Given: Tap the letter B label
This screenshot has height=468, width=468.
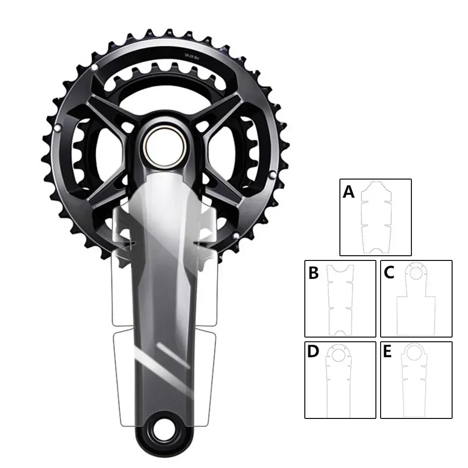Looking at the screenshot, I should click(313, 273).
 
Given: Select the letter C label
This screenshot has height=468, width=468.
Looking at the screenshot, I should click(389, 273).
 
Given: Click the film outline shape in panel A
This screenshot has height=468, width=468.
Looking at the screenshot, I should click(376, 217).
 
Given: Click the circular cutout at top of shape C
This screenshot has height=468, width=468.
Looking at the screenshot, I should click(416, 270).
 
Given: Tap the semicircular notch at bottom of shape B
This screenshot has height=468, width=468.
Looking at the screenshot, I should click(340, 332).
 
